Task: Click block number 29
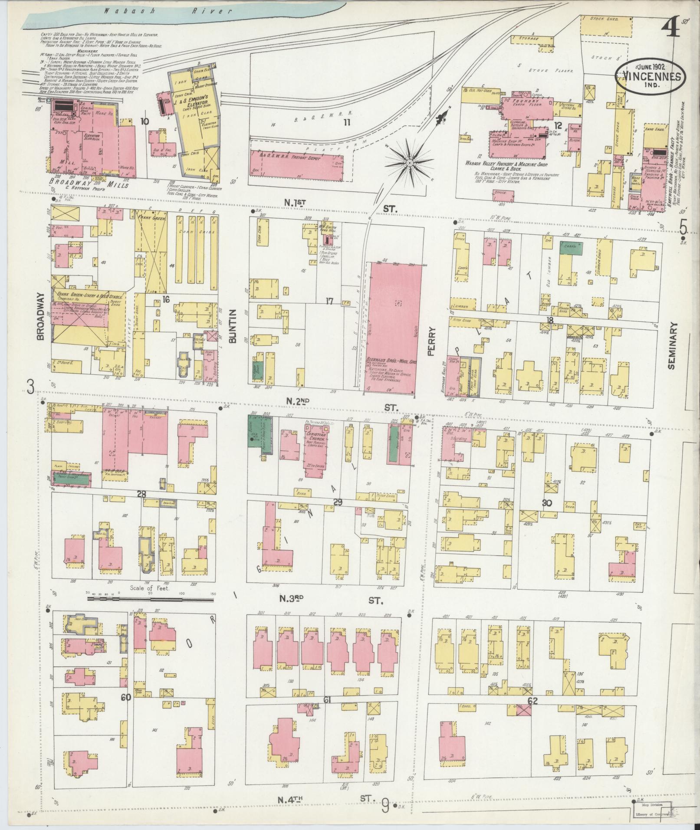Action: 338,502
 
